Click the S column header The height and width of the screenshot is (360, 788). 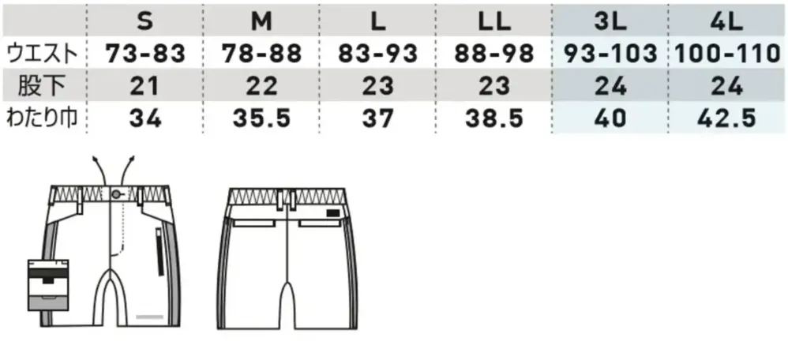(x=144, y=21)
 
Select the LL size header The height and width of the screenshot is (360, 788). (x=494, y=21)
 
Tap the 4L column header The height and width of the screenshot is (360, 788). (x=726, y=21)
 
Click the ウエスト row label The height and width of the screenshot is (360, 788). (x=42, y=54)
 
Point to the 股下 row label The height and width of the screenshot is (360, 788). (x=42, y=86)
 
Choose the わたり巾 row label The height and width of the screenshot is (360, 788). (x=42, y=118)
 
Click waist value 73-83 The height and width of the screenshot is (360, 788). (x=146, y=54)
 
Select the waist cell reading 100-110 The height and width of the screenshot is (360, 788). (x=727, y=54)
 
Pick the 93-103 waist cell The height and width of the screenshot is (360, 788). (x=610, y=54)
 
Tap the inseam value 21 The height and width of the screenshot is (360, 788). (x=144, y=87)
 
